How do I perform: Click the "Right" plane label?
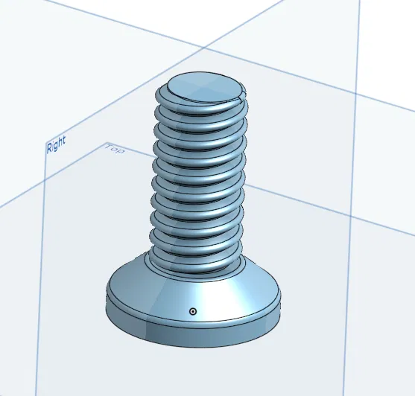click(56, 144)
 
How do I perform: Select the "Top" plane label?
click(115, 149)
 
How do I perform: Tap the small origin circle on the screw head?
click(193, 311)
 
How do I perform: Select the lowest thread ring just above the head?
click(195, 253)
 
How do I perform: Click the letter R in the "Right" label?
click(49, 147)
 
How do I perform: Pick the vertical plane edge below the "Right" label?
click(44, 261)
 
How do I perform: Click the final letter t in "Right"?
click(64, 140)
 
